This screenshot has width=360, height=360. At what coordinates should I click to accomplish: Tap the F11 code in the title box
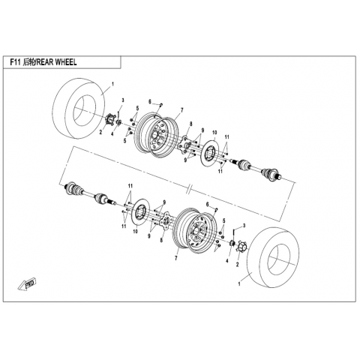point(15,62)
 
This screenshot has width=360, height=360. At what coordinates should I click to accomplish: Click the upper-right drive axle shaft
point(258,169)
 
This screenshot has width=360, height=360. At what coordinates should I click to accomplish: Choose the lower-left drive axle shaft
point(90,194)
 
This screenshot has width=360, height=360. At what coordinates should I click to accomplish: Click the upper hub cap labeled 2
point(109,120)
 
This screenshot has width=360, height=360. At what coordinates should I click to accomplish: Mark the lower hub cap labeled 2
point(241,247)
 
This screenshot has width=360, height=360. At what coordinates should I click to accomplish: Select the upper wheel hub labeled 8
point(185,145)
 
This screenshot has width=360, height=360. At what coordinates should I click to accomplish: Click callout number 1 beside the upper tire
point(112,84)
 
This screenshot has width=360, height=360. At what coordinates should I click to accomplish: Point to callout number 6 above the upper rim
point(150,102)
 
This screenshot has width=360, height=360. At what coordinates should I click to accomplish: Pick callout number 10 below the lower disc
point(135,232)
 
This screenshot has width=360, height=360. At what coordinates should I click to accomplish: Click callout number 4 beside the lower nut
point(227,261)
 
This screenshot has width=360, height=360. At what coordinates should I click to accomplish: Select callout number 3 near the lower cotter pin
point(244,226)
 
